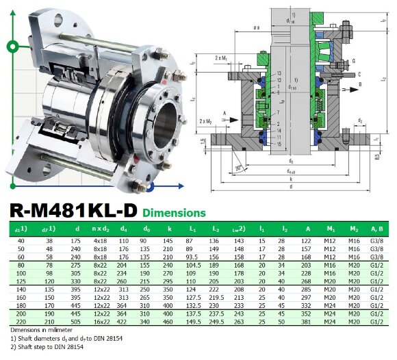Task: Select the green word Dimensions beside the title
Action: click(x=174, y=213)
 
